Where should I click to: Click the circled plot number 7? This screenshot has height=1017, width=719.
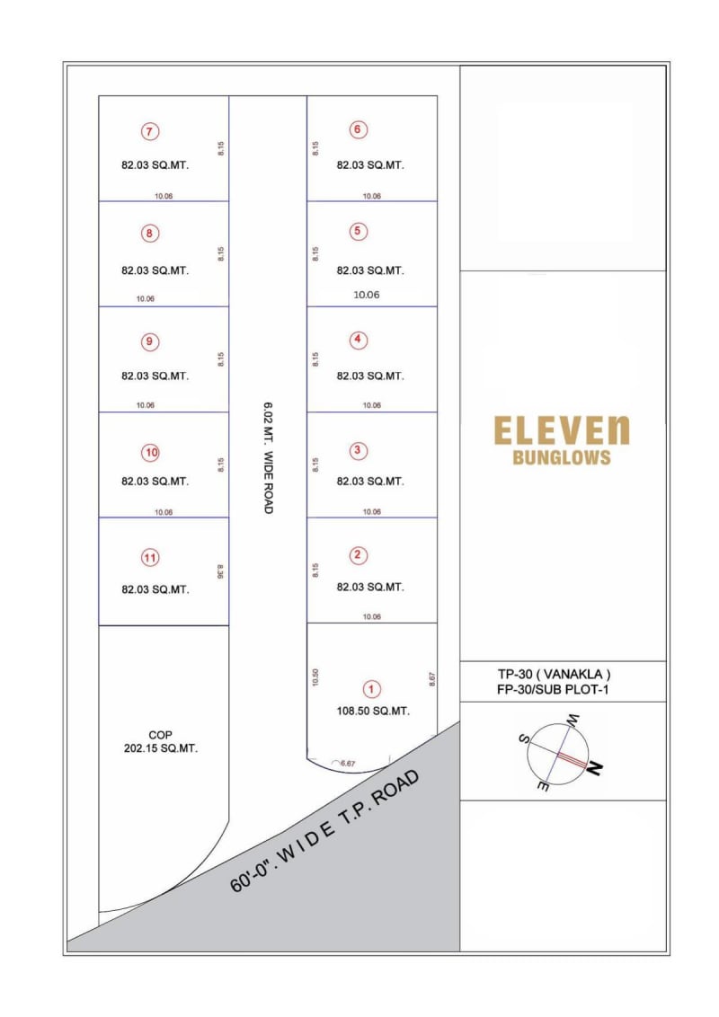[150, 131]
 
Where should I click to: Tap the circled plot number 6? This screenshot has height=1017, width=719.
[357, 129]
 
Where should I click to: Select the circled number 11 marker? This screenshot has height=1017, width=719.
[150, 558]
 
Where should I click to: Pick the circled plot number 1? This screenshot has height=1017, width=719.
[371, 689]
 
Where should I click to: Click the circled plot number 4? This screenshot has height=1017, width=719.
[358, 340]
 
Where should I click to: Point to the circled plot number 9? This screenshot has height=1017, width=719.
[150, 341]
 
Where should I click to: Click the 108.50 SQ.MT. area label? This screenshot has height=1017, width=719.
[371, 711]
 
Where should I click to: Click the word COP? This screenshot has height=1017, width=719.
[160, 734]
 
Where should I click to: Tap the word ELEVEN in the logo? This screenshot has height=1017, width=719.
[562, 431]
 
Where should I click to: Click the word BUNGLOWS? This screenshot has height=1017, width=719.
[561, 457]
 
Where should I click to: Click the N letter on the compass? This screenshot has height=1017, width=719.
[594, 768]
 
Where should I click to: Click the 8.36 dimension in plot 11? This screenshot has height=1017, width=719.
[220, 571]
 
